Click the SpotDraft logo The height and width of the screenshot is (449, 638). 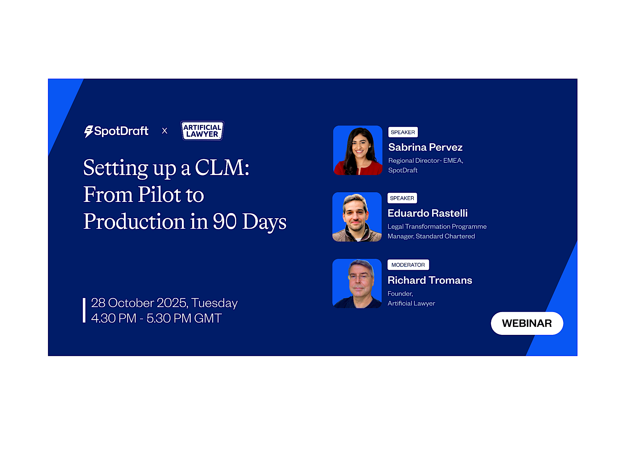click(116, 131)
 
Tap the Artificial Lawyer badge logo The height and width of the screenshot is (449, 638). click(202, 131)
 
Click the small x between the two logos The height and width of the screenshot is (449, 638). click(164, 131)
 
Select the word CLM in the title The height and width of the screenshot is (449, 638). click(222, 168)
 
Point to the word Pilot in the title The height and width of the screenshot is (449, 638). click(159, 194)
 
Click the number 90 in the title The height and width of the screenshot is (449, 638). click(225, 221)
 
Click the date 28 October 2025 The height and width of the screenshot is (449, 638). click(139, 303)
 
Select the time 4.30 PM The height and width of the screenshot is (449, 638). click(114, 318)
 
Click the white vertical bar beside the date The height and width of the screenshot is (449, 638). click(84, 310)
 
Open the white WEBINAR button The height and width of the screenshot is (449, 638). click(527, 323)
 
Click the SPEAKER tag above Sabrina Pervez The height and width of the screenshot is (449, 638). click(403, 132)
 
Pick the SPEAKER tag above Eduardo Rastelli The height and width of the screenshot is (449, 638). click(402, 198)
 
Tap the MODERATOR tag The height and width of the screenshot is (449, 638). click(408, 265)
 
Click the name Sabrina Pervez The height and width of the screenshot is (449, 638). click(425, 147)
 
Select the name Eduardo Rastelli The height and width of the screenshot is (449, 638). click(428, 213)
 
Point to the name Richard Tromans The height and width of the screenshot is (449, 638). click(430, 280)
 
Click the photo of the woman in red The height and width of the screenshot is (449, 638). click(358, 150)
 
